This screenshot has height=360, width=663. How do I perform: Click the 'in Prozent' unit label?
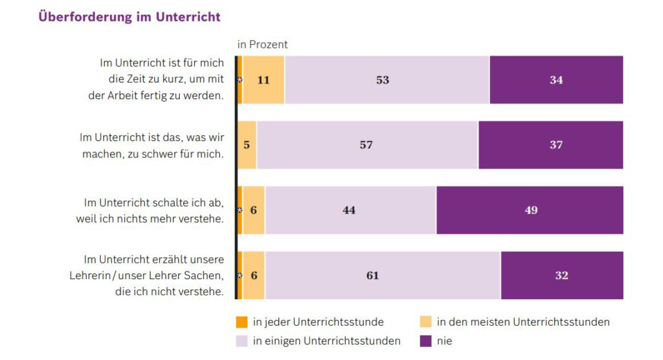tap(262, 45)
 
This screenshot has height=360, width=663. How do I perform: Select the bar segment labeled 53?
tap(387, 80)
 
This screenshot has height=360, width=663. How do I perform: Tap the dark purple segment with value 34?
tap(556, 80)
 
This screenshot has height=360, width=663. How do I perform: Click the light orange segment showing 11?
tap(264, 80)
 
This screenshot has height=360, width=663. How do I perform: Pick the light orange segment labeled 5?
tap(247, 145)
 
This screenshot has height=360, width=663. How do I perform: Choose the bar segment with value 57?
tap(366, 145)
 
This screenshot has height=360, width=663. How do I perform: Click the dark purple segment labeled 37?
tap(550, 145)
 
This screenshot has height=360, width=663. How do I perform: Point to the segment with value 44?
tap(350, 210)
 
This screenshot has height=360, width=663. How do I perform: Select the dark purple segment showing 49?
tap(530, 210)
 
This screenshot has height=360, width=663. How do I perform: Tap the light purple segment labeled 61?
tap(382, 276)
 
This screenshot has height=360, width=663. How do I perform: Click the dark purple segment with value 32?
tap(561, 276)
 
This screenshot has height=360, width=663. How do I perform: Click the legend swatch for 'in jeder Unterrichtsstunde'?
tap(242, 322)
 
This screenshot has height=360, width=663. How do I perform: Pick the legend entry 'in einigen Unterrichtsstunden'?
tap(326, 341)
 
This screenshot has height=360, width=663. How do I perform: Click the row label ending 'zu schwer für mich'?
tap(152, 145)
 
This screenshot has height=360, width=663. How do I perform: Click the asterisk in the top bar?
tap(240, 80)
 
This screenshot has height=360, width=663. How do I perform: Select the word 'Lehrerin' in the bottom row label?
tap(90, 276)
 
